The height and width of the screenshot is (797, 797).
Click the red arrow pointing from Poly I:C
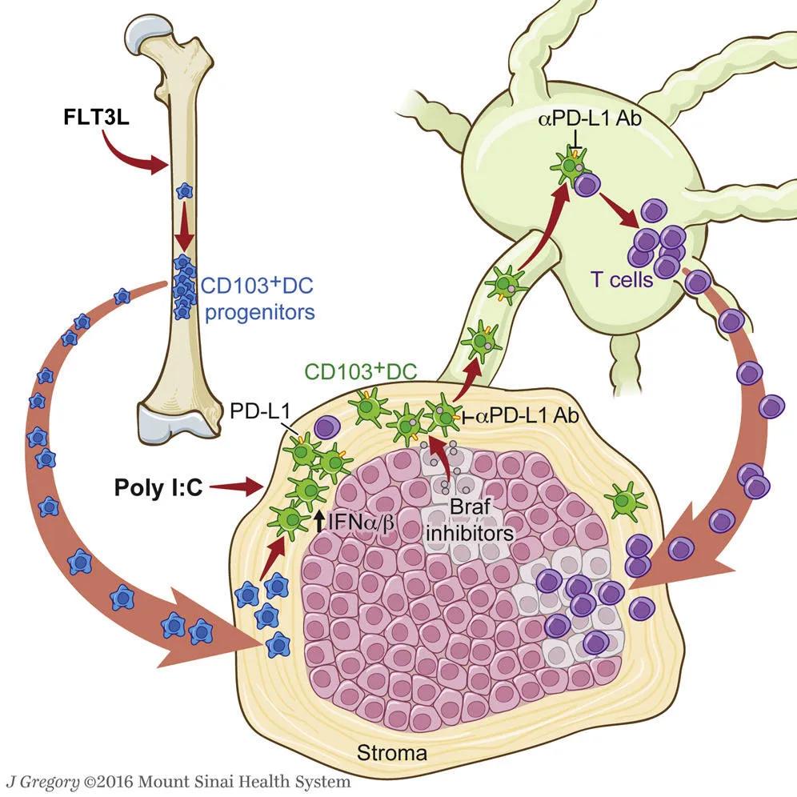pos(239,484)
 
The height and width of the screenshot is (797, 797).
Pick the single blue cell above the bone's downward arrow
pos(185,191)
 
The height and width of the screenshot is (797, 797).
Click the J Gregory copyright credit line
pos(178,781)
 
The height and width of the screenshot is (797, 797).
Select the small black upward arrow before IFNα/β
pos(320,523)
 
